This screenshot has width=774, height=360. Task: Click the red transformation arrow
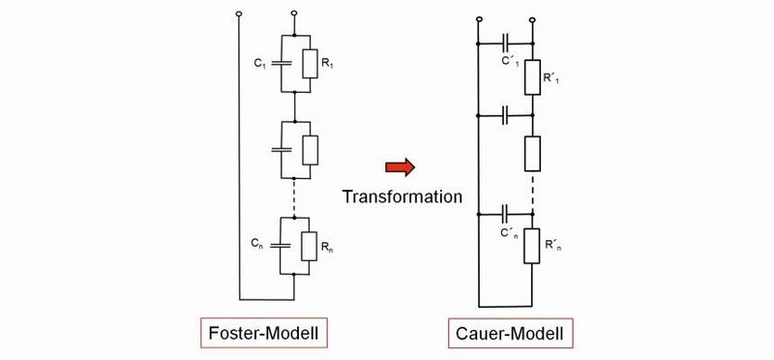point(399,167)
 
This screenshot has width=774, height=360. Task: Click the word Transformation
point(402,195)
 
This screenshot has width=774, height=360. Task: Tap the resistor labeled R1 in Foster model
point(308,64)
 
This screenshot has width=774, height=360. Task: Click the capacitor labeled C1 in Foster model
point(279,64)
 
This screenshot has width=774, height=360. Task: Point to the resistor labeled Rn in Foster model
point(308,246)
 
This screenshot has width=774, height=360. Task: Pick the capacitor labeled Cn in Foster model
point(279,246)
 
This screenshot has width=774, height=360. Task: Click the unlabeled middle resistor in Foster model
point(308,150)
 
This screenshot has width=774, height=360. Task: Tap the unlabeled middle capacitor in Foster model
point(279,150)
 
